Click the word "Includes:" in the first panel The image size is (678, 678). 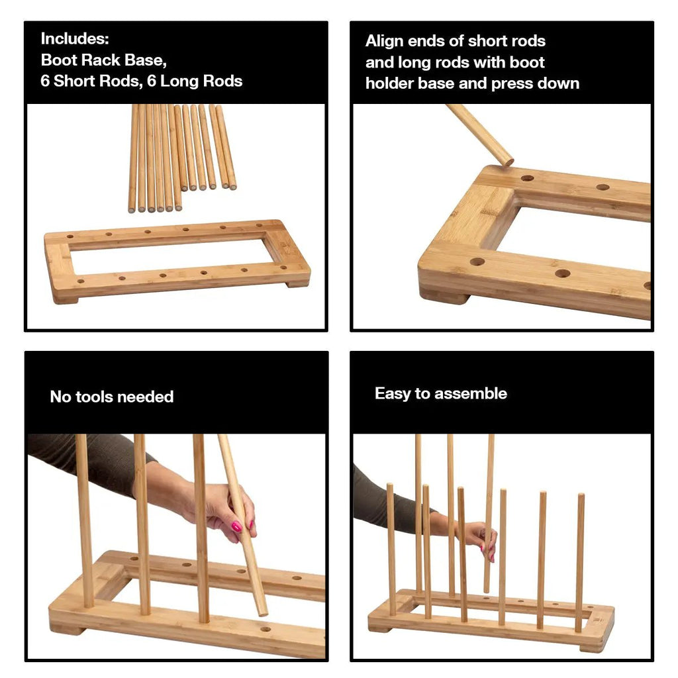click(x=75, y=38)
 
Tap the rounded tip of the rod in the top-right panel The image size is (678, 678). click(x=508, y=162)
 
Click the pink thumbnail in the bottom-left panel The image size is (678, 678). click(x=236, y=526)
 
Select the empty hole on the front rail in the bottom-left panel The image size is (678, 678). click(x=266, y=629)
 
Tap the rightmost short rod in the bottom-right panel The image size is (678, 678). click(x=579, y=562)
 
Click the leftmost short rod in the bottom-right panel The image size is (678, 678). click(x=391, y=549)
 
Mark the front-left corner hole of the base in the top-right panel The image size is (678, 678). click(x=477, y=262)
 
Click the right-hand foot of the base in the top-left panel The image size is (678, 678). click(x=298, y=283)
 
